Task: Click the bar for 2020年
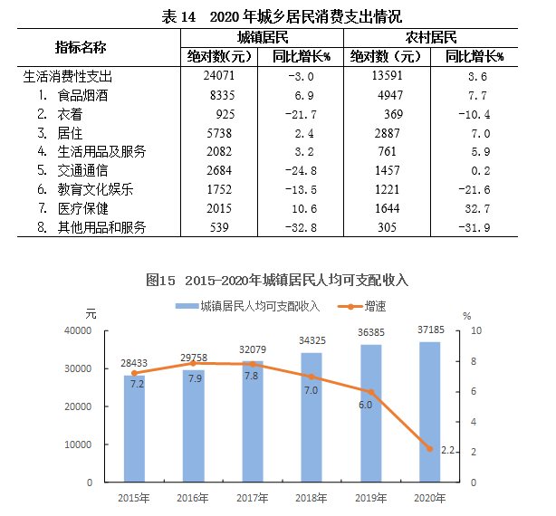point(429,411)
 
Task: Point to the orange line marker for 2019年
point(371,392)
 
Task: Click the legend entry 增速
point(361,306)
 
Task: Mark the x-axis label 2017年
point(253,498)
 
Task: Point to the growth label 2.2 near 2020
point(446,450)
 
